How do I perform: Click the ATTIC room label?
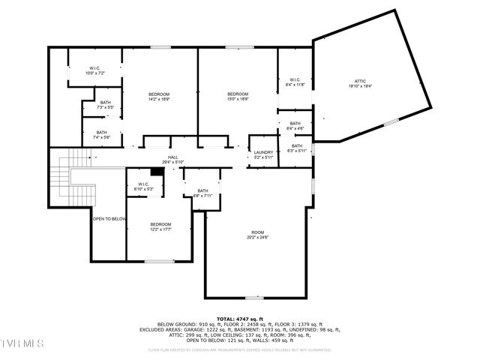(360, 83)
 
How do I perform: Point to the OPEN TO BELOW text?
(109, 219)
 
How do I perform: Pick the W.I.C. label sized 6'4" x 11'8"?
(294, 82)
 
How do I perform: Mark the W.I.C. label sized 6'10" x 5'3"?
(143, 187)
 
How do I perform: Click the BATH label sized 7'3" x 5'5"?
(105, 105)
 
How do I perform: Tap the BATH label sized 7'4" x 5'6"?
(102, 135)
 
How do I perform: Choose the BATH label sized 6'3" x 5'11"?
(297, 148)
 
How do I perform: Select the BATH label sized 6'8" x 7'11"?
(202, 193)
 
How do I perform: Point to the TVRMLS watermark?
(22, 343)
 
